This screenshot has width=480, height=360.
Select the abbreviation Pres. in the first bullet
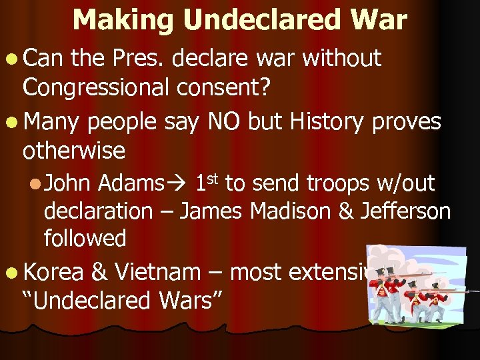(x=136, y=59)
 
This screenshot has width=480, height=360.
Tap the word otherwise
(x=73, y=151)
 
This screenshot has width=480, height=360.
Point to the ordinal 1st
(x=208, y=182)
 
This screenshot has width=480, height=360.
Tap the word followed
(x=85, y=238)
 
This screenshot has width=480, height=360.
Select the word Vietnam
(x=157, y=272)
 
